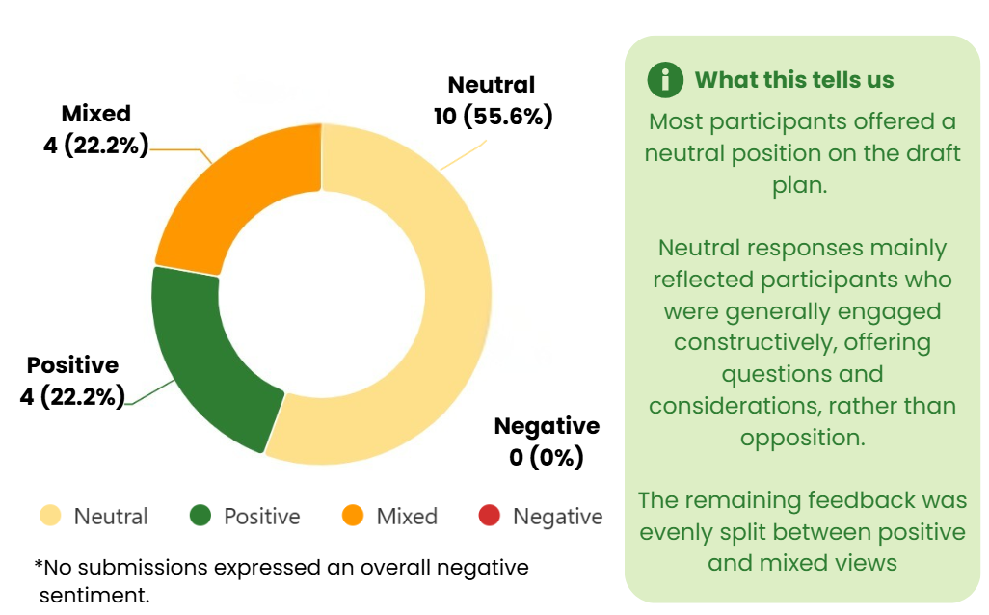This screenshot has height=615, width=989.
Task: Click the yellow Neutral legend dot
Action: click(49, 516)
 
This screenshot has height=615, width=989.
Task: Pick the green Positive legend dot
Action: click(200, 516)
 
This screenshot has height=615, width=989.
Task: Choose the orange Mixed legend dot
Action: click(354, 516)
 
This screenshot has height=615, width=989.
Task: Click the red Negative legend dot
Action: click(490, 516)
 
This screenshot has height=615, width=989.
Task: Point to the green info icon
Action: click(665, 79)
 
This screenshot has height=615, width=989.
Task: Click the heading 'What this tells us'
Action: click(794, 80)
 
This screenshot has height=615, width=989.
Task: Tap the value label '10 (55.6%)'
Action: click(493, 117)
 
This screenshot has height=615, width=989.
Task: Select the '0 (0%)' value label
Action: click(547, 456)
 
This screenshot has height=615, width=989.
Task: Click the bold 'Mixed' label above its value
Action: click(95, 114)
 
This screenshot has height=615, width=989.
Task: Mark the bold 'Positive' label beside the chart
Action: click(72, 365)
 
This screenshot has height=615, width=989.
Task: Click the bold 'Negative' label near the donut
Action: click(547, 426)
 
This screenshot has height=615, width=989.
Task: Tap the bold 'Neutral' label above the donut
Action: click(492, 85)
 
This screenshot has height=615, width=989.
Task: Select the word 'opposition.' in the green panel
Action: click(802, 438)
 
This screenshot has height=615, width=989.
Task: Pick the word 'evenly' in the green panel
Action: click(678, 532)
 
